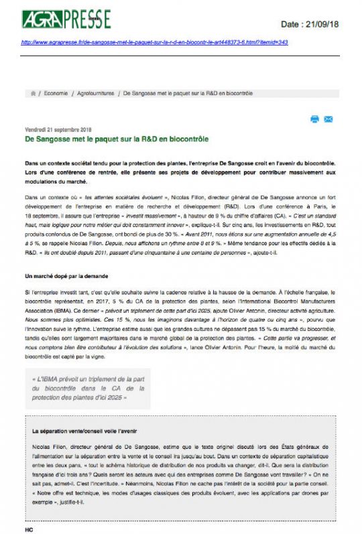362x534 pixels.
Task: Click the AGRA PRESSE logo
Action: (x=66, y=19)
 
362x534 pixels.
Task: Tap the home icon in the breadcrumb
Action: (x=33, y=93)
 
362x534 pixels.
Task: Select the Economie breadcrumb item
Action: (x=56, y=93)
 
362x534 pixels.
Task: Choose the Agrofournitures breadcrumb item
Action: (x=95, y=93)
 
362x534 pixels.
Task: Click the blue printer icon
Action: (x=314, y=119)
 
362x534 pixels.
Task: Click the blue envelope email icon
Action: (x=328, y=119)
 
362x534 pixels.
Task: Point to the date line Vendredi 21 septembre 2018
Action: (x=58, y=130)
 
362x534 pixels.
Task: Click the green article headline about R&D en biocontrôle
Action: (x=117, y=139)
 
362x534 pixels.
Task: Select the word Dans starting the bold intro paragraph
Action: (x=32, y=164)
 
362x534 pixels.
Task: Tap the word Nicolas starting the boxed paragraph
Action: (x=41, y=446)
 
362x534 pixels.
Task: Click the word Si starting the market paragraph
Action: (x=27, y=293)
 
